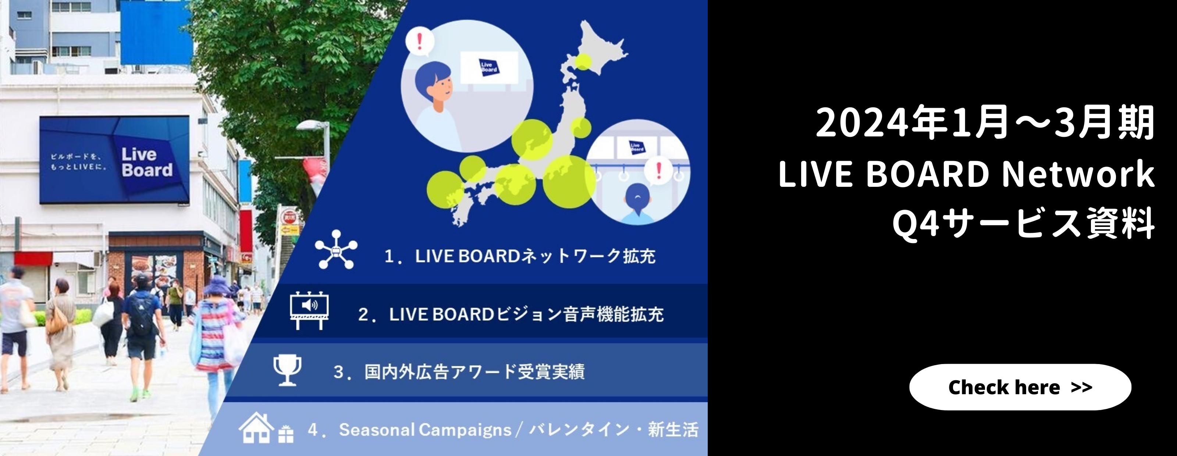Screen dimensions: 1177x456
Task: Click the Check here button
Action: point(1020,387)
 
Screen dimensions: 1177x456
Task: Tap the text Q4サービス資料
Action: point(1024,224)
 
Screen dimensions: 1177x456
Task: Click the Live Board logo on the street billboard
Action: point(147,162)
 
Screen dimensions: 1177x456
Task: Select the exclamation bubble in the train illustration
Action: point(658,171)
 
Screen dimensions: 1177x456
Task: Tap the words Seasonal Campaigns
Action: point(425,430)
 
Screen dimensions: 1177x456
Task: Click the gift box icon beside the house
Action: point(286,433)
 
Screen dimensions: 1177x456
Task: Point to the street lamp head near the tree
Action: point(313,125)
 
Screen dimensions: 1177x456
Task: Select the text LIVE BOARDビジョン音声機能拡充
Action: point(526,314)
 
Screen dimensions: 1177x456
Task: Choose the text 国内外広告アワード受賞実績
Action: point(474,372)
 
